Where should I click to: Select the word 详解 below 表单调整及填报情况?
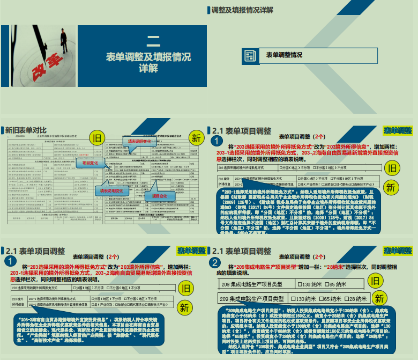tap(153, 69)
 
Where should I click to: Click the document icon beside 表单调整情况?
tap(250, 55)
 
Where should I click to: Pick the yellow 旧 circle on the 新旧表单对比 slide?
tap(97, 138)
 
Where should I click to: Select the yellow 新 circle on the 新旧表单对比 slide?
tap(196, 138)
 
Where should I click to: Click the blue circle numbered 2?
tap(215, 262)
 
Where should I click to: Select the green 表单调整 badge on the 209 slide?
tap(398, 251)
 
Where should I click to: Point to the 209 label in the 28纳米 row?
tap(225, 299)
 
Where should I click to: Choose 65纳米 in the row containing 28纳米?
tap(331, 298)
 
